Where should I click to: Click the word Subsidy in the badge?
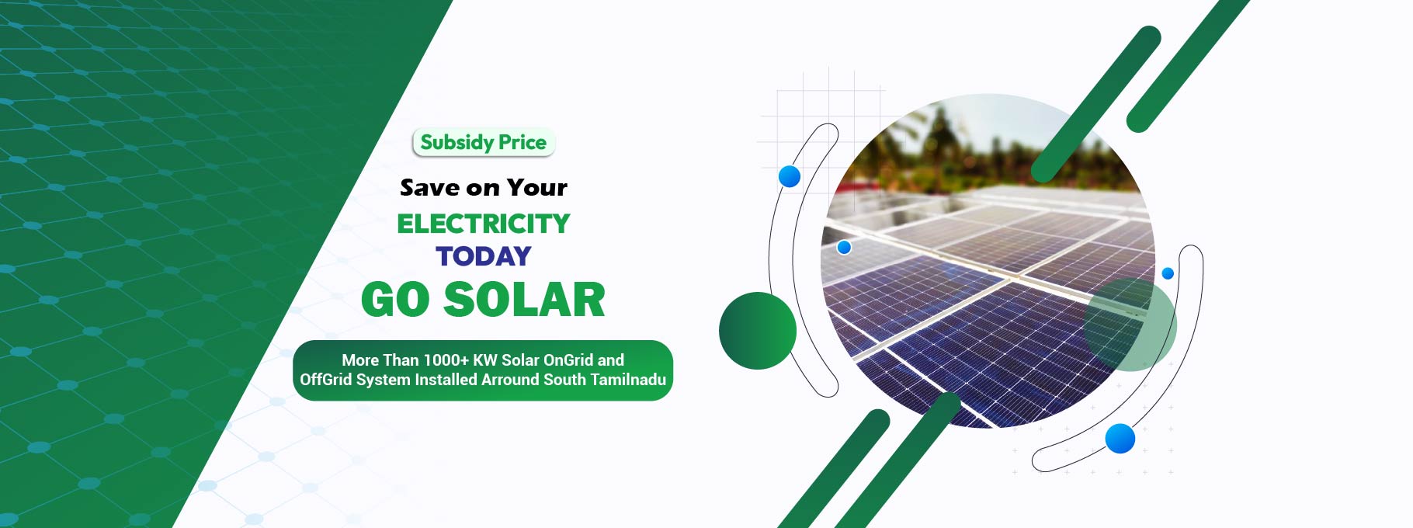point(456,143)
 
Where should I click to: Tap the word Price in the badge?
point(522,142)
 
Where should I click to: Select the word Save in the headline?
point(429,188)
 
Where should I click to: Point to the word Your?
point(537,188)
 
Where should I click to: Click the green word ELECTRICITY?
point(484,224)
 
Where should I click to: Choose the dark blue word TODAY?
point(484,256)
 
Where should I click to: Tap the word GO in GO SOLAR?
point(395,300)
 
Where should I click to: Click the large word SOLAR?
point(524,300)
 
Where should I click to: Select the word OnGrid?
point(568,360)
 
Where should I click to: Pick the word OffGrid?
point(325,380)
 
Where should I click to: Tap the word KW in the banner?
point(485,360)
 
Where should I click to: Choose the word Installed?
point(446,380)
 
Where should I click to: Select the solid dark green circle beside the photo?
point(758,331)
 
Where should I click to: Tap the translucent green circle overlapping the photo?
point(1130,325)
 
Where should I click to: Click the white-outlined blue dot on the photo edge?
point(845,248)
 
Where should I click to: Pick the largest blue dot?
point(1120,439)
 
